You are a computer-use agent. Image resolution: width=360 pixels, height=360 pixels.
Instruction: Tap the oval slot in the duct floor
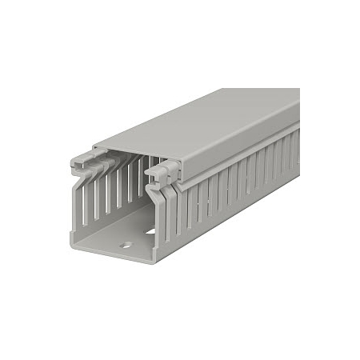point(150,232)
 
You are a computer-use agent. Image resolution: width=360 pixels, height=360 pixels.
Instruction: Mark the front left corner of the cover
point(94,147)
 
